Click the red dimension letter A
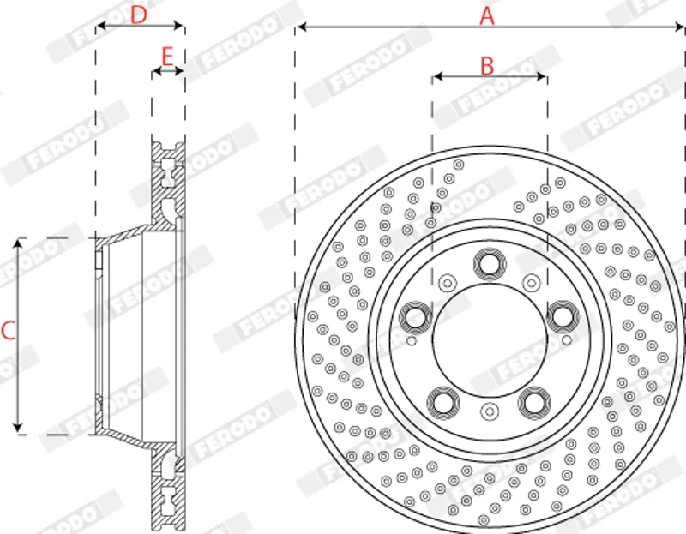coord(487,16)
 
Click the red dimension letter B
coord(487,66)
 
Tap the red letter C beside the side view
coord(9,331)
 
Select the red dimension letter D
coord(139,15)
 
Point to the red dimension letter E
coord(167,57)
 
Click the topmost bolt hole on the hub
coord(490,264)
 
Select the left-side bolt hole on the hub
coord(415,317)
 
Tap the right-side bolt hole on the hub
coord(563,316)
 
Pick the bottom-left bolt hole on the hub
coord(443,402)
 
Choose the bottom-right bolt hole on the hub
coord(534,402)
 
